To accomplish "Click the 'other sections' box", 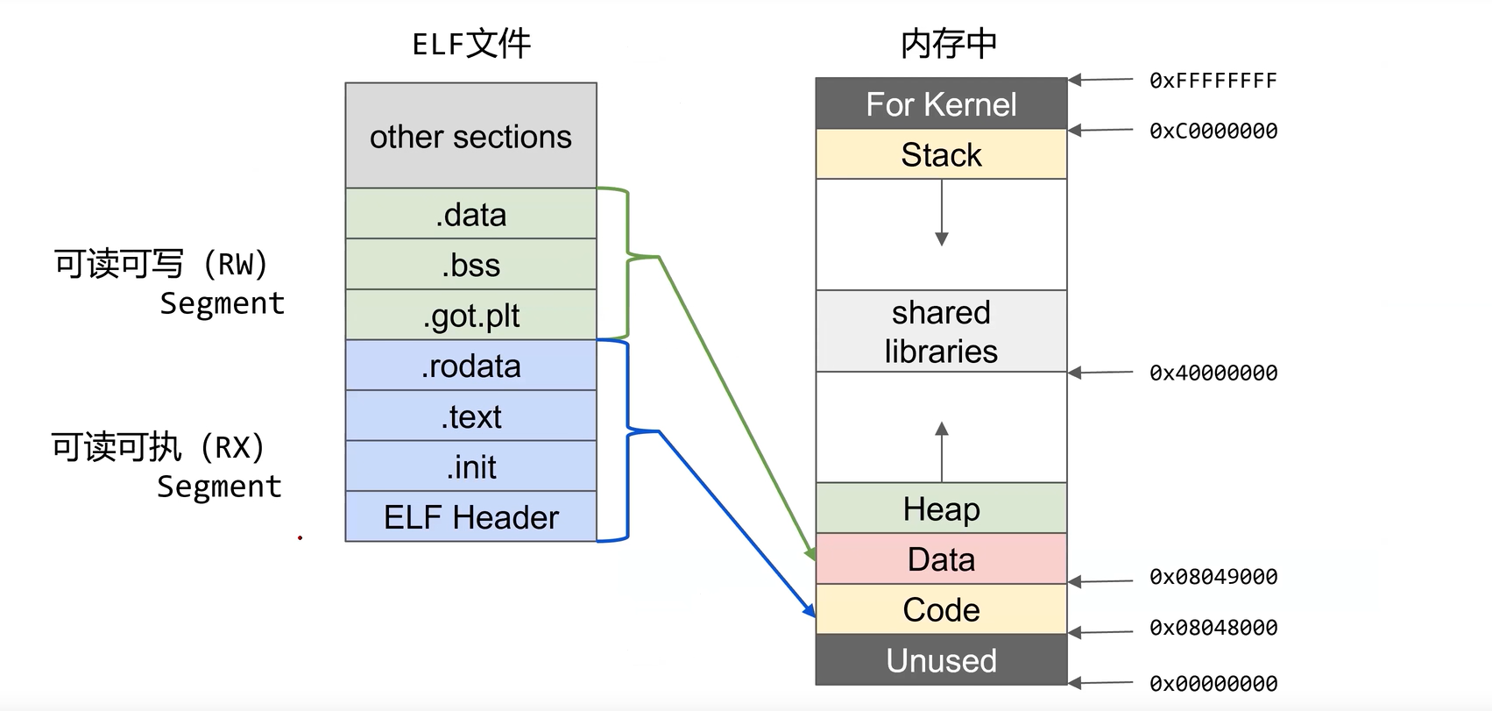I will tap(470, 136).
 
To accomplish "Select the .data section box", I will tap(470, 214).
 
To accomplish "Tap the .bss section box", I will tap(470, 265).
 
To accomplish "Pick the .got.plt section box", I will tap(470, 315).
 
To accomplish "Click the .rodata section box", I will tap(470, 366).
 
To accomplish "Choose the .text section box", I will tap(470, 416).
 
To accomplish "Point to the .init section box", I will tap(470, 466).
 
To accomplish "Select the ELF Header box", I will tap(470, 517).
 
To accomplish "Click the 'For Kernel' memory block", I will tap(941, 104).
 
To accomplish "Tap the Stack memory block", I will tap(941, 155).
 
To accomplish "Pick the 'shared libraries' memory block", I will tap(941, 331).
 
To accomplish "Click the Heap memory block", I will tap(941, 508).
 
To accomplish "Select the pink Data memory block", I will tap(941, 559).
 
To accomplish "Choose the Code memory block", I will tap(941, 609).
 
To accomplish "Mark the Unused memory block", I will tap(941, 660).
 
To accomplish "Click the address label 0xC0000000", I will tap(1213, 132).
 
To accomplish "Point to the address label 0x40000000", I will tap(1213, 373).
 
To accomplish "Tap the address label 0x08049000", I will tap(1213, 577).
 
